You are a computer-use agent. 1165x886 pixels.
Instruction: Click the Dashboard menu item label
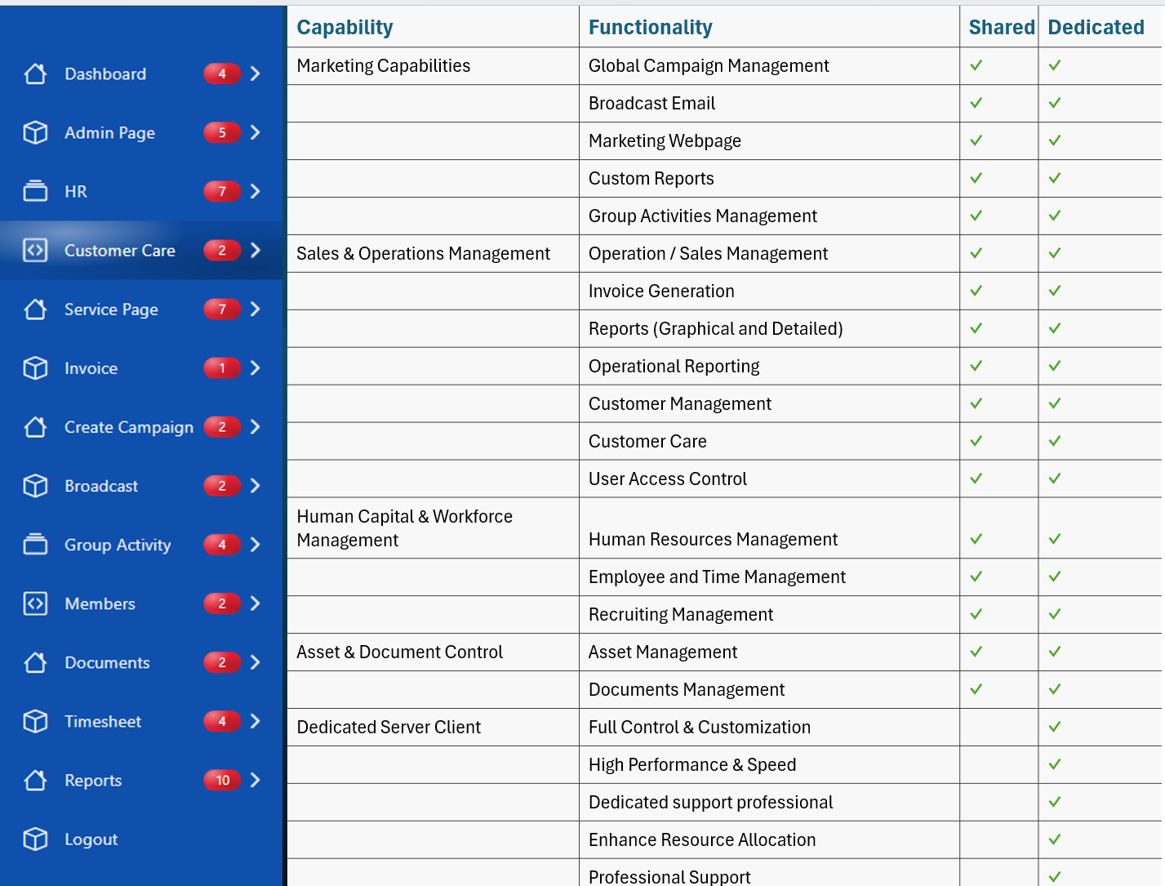pos(105,73)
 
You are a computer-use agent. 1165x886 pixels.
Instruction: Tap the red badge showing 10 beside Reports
pos(222,780)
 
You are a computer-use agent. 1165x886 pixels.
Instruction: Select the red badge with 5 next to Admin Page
pos(222,132)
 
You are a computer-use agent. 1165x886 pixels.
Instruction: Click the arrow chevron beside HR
pos(256,191)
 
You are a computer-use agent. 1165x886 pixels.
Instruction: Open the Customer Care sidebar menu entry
pos(120,251)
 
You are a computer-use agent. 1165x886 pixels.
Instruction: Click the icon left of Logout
pos(35,839)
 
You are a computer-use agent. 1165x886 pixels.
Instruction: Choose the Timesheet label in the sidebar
pos(103,721)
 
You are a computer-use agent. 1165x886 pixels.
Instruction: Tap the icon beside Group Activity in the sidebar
pos(35,544)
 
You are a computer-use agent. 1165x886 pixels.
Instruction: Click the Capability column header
pos(345,27)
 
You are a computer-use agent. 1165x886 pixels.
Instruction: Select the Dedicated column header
pos(1096,27)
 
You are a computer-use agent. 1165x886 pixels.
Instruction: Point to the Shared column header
pos(1001,27)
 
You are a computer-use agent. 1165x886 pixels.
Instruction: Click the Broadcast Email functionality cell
pos(651,104)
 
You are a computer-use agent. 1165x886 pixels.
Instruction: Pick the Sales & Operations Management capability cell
pos(423,254)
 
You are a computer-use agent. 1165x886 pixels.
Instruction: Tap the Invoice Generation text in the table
pos(661,292)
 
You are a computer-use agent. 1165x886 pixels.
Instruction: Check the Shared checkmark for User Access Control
pos(976,479)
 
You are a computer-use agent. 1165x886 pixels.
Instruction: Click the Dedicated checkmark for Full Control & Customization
pos(1055,727)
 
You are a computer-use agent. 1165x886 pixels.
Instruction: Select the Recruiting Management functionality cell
pos(680,615)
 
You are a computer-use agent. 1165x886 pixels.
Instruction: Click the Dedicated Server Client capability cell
pos(389,728)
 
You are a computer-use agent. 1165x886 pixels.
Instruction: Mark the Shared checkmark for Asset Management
pos(976,652)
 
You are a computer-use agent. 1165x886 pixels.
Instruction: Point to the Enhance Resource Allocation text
pos(701,840)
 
